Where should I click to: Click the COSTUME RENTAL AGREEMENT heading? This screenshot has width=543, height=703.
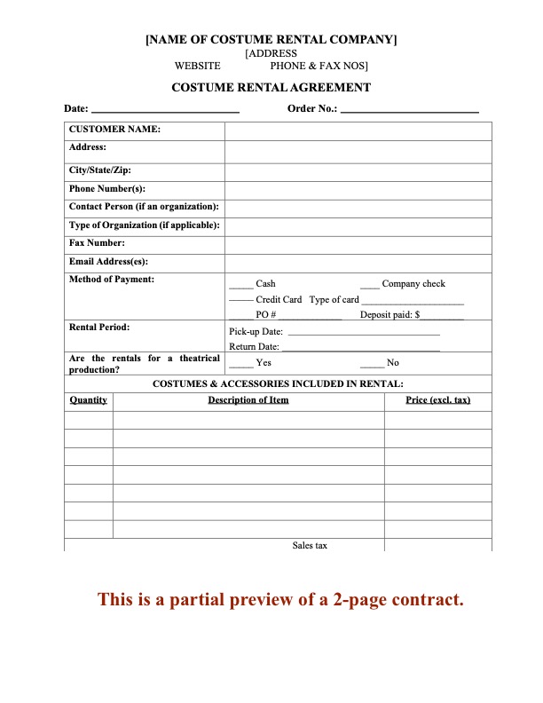click(x=271, y=87)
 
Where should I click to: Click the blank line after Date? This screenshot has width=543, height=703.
click(x=165, y=109)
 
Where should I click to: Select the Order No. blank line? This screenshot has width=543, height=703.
click(x=409, y=109)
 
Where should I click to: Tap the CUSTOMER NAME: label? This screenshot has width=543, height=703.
click(x=114, y=130)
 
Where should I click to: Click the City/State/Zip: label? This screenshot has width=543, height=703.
click(x=100, y=170)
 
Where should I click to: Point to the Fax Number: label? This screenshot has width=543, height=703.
click(x=97, y=242)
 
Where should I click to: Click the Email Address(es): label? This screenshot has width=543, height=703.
click(x=108, y=261)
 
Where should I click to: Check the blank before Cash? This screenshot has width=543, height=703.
click(x=240, y=285)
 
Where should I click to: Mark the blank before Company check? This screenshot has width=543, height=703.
click(x=370, y=285)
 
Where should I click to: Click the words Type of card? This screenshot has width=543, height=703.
click(x=334, y=299)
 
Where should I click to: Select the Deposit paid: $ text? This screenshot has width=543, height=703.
click(x=390, y=314)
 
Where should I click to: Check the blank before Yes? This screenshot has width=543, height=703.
click(x=240, y=363)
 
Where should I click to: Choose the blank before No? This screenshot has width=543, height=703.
click(x=372, y=363)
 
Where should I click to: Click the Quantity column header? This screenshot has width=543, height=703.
click(x=89, y=399)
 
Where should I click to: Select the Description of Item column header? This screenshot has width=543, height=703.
click(x=248, y=399)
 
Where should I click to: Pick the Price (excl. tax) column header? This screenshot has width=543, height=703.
click(x=437, y=399)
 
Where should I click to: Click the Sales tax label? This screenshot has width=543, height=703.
click(x=310, y=545)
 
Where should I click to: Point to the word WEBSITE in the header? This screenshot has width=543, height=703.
click(x=198, y=66)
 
